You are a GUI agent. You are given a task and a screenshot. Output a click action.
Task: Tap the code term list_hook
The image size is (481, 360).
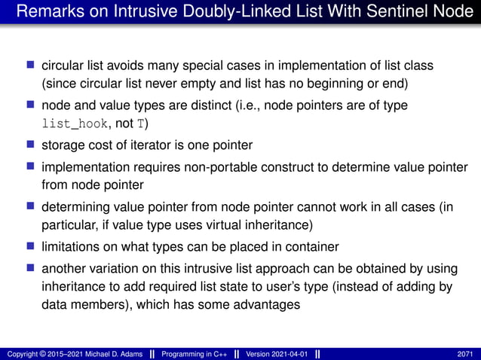(73, 125)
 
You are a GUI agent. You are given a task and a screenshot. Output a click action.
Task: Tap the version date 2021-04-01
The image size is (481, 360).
(288, 354)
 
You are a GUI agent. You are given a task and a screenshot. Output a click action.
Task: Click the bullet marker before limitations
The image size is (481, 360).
(31, 246)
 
